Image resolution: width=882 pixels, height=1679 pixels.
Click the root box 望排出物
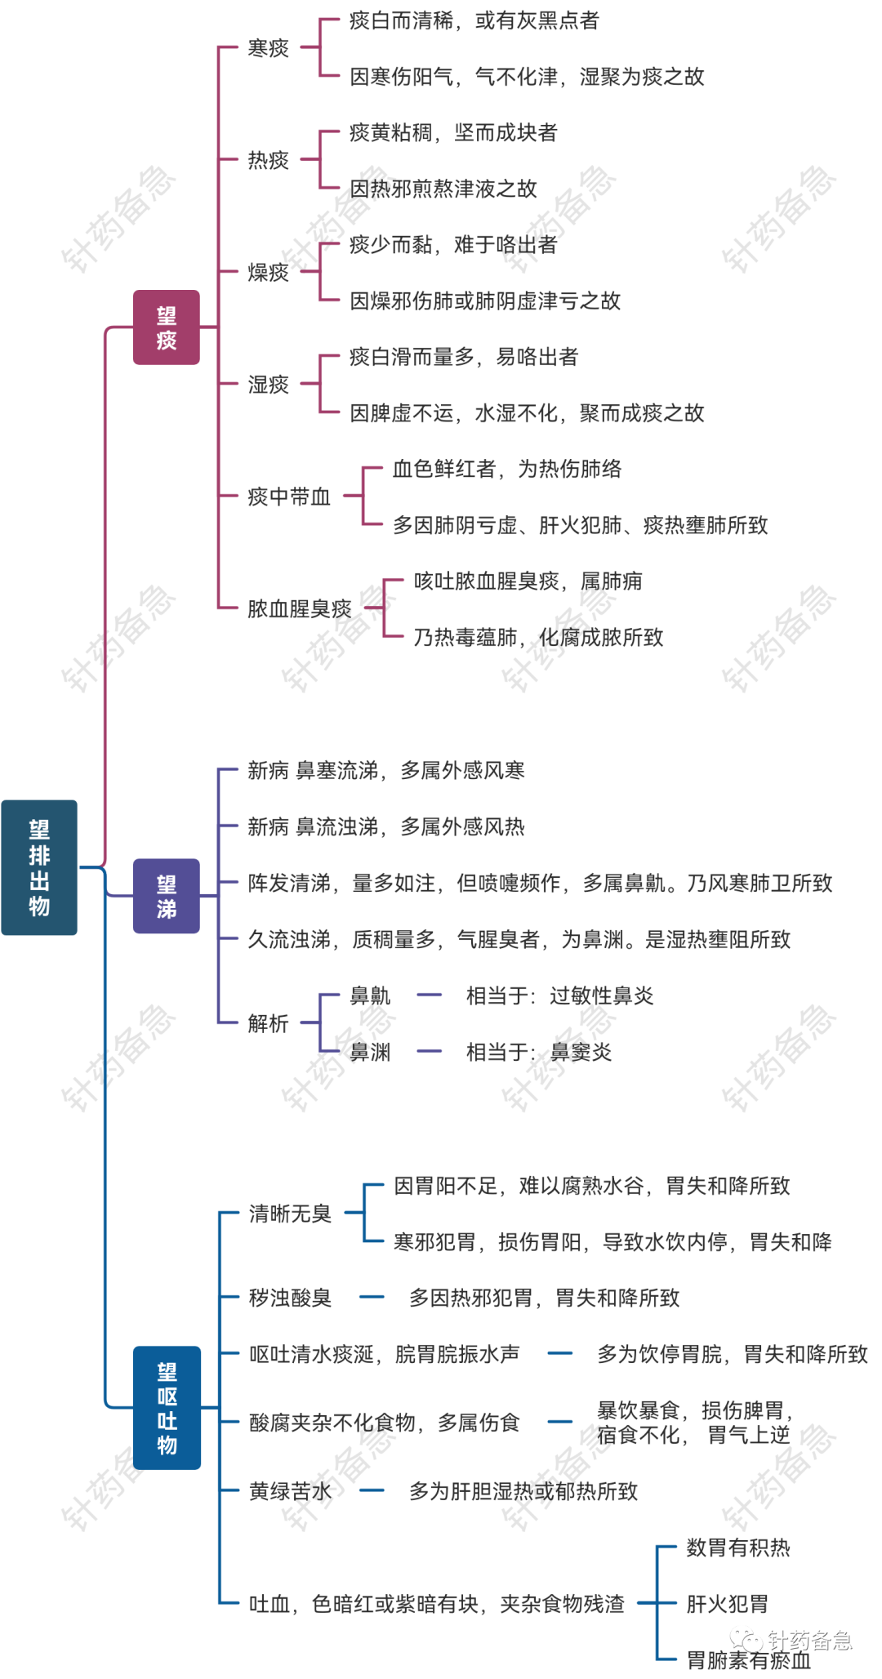(x=39, y=867)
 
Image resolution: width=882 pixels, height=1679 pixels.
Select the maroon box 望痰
(x=167, y=327)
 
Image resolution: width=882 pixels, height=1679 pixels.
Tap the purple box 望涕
(x=167, y=896)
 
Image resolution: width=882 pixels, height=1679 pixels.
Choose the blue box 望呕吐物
(x=167, y=1408)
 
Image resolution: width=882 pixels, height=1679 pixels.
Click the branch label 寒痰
(x=269, y=48)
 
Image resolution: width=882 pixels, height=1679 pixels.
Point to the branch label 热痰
(x=269, y=160)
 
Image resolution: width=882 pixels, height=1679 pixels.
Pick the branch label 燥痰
(x=269, y=272)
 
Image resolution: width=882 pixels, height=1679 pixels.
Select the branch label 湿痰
(x=269, y=384)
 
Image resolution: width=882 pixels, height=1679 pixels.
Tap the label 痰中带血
(x=289, y=497)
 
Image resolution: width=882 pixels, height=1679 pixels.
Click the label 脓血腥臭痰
(x=300, y=608)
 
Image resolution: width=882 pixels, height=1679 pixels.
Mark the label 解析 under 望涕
(x=269, y=1023)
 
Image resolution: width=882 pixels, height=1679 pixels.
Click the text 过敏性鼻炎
(x=602, y=995)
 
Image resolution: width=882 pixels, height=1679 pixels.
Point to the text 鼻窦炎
(x=581, y=1052)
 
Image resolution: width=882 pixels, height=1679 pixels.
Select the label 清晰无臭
(x=290, y=1214)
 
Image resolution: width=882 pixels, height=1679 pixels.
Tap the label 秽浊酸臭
(x=290, y=1298)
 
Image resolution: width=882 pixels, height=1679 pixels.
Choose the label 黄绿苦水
(x=290, y=1491)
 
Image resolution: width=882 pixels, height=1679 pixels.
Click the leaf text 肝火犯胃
(x=728, y=1604)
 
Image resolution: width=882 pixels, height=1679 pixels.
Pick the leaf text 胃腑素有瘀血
(x=749, y=1660)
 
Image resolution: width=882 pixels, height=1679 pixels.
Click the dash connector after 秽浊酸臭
(x=372, y=1297)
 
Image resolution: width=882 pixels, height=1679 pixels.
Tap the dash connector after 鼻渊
(x=430, y=1051)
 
